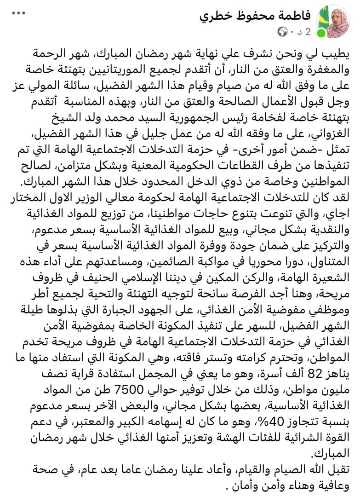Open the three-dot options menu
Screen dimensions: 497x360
point(18,13)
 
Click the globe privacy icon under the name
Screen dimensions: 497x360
point(281,32)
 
